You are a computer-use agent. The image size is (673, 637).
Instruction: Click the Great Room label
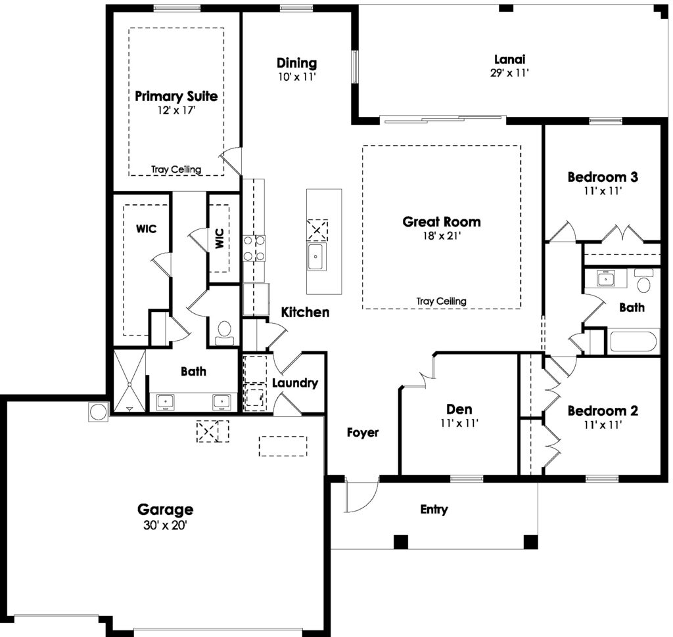441,222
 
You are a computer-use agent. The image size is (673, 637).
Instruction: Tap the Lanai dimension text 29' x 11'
509,73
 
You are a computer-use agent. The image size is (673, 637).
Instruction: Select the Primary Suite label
176,97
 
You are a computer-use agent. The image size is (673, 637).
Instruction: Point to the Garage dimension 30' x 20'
165,525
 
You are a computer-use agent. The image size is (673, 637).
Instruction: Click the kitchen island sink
316,256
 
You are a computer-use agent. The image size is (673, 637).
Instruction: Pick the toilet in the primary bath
224,333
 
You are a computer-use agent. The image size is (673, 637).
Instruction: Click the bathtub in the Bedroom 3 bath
633,342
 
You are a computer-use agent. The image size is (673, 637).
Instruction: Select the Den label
459,409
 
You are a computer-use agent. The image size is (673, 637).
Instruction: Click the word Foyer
363,432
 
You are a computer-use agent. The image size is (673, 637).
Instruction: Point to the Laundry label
295,383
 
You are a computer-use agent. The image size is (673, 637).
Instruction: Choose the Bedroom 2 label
603,411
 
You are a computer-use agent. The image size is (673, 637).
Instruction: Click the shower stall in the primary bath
129,382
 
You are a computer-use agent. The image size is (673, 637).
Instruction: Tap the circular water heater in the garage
99,412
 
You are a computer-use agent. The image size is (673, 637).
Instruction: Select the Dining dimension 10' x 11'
296,77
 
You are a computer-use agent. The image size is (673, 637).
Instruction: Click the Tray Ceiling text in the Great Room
441,301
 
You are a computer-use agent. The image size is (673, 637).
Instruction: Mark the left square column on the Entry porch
401,542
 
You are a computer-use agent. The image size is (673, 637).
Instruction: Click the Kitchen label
305,313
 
